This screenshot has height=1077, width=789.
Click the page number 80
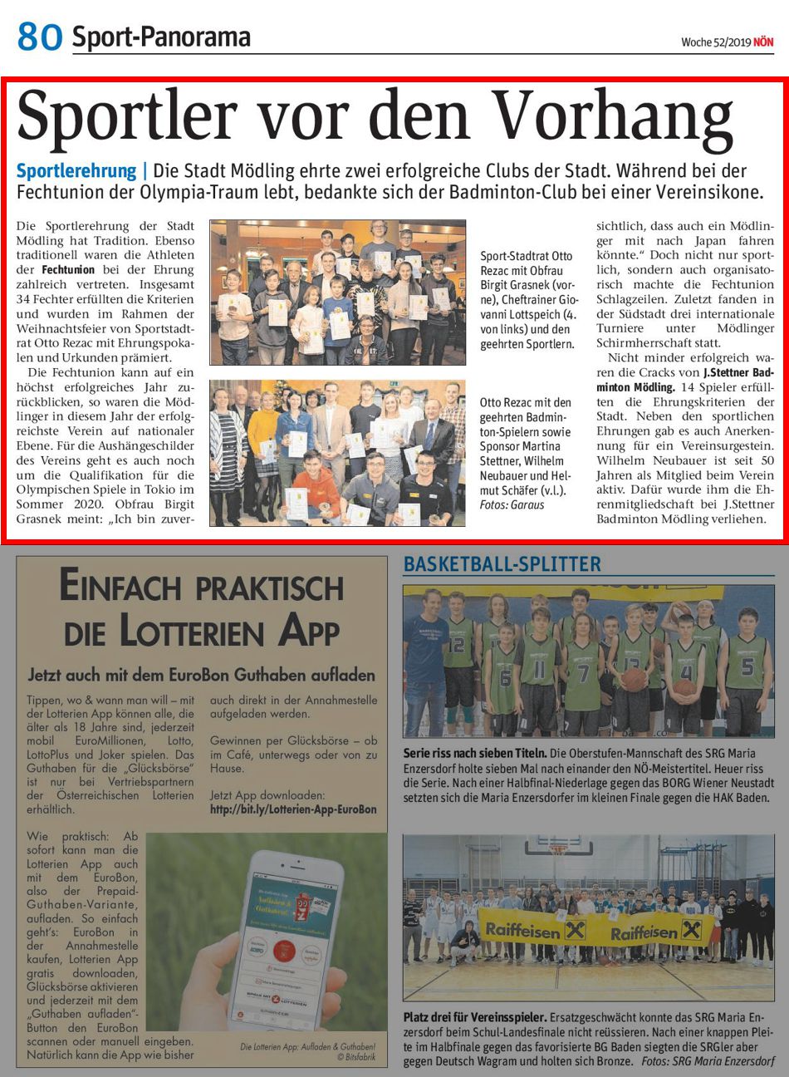[x=39, y=37]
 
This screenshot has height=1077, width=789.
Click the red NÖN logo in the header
[x=763, y=42]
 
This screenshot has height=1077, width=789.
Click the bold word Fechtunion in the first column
[x=67, y=270]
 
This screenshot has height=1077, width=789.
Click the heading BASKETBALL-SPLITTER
[x=502, y=565]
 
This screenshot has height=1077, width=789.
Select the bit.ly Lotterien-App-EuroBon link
[x=293, y=809]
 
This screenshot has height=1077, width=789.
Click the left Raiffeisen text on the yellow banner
[x=523, y=931]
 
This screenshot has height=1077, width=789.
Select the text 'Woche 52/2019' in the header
[x=715, y=42]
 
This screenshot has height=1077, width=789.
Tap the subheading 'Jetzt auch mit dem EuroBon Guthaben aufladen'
[x=201, y=674]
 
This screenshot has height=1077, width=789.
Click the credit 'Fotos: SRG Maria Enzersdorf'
[x=707, y=1062]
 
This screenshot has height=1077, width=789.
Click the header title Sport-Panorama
[x=161, y=37]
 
